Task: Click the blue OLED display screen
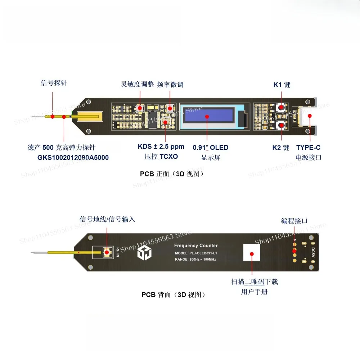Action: pos(207,117)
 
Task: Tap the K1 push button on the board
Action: pos(280,107)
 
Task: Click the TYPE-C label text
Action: pos(308,147)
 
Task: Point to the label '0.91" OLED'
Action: pos(211,148)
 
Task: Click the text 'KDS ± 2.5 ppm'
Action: pos(161,147)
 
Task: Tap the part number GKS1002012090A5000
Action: pos(73,157)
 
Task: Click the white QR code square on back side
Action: pos(252,253)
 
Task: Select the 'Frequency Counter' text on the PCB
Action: pos(196,246)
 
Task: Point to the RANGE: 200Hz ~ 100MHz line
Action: pos(195,259)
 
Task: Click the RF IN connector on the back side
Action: pos(107,252)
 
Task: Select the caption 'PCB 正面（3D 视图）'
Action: pos(172,174)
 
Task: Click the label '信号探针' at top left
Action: pos(54,84)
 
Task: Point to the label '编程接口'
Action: pos(294,221)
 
